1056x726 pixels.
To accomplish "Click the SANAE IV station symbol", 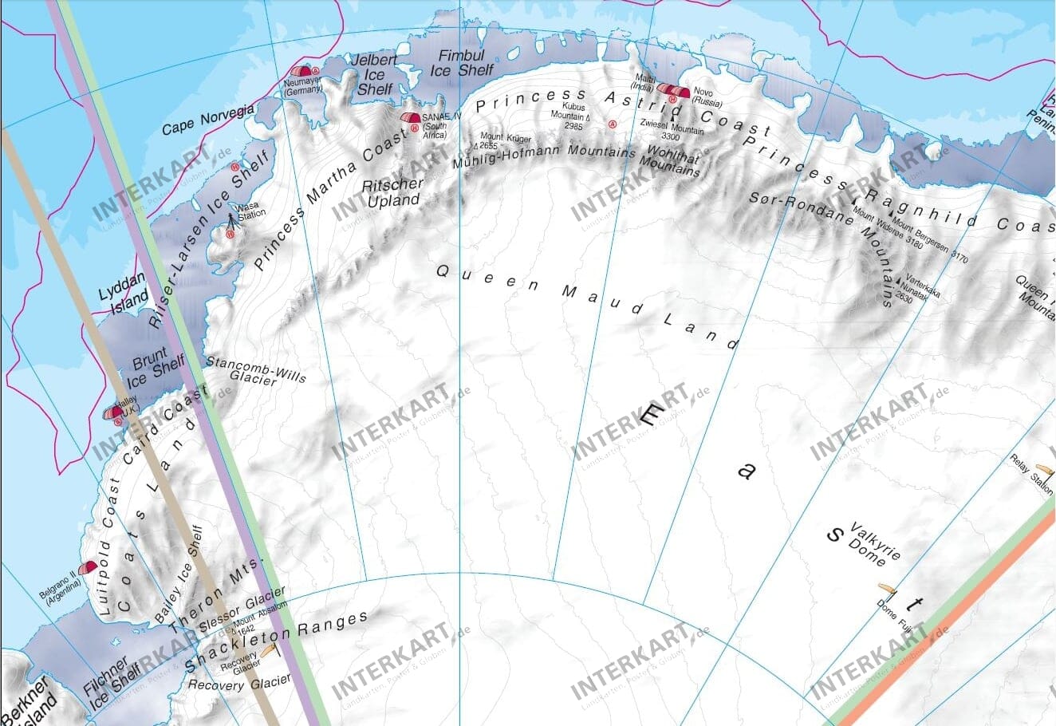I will point(410,118).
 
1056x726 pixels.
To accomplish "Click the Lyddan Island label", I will point(124,291).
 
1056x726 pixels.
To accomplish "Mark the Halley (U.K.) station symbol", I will point(112,412).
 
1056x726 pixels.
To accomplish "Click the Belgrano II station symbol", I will point(87,567).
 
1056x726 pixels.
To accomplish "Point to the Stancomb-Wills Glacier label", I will point(255,371).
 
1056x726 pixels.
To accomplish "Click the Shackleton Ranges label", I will point(276,643).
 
